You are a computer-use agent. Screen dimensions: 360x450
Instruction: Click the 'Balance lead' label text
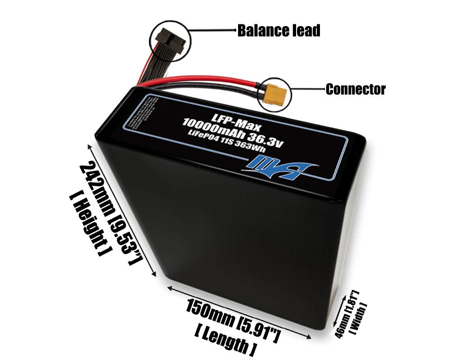279,31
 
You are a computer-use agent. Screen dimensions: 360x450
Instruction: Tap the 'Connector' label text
355,89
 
